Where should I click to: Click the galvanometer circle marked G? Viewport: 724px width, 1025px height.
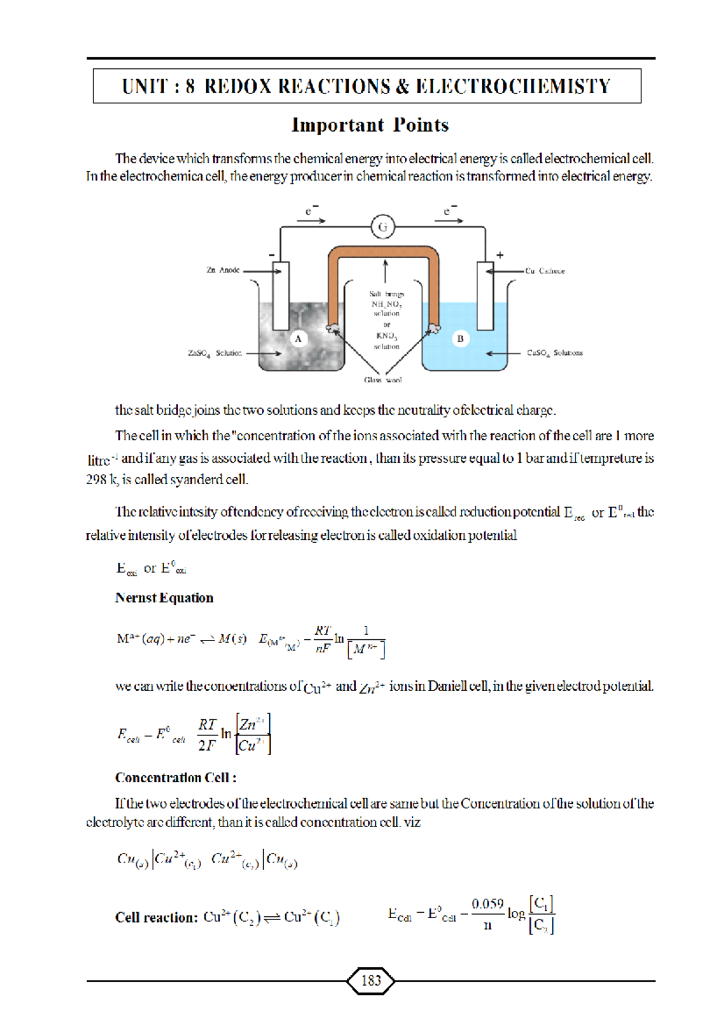pos(383,227)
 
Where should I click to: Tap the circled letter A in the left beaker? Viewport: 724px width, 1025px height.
pos(298,339)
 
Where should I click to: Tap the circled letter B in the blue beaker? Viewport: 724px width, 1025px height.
pos(460,339)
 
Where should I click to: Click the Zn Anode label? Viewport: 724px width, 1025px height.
pos(223,270)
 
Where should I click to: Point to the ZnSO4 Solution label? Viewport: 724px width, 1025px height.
pos(215,353)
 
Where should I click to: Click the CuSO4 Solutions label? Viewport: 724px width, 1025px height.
pos(554,353)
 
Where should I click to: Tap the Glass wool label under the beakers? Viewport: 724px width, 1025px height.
pos(383,380)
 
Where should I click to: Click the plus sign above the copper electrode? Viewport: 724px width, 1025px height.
pos(500,255)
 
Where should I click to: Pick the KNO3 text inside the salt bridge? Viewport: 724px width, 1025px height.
pos(386,336)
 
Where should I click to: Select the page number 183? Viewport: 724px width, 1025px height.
pos(371,981)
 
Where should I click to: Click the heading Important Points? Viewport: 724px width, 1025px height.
pos(370,125)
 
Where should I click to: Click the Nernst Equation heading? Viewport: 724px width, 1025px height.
pos(164,598)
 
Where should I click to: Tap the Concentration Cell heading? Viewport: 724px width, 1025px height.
pos(175,778)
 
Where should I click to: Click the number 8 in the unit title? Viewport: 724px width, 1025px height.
pos(190,86)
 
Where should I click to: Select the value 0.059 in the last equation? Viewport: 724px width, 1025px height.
pos(487,904)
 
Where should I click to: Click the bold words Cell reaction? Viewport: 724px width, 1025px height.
pos(156,918)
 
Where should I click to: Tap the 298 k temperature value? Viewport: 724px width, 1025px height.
pos(102,480)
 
